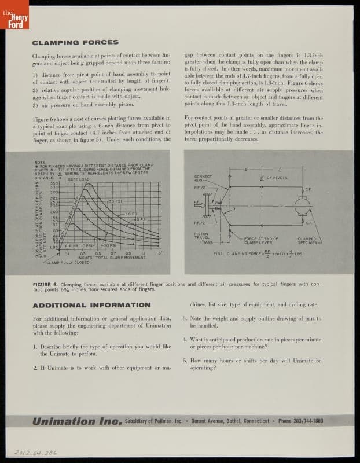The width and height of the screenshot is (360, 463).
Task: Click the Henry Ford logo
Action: tap(14, 16)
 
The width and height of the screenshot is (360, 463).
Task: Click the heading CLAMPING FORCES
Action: tap(75, 42)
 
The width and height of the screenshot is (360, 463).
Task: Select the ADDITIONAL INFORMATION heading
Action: tap(91, 305)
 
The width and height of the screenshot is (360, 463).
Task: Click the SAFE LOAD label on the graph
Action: tap(78, 179)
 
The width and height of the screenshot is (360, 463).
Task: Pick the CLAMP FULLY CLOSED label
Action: tap(68, 262)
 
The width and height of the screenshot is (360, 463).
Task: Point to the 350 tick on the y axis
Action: tap(55, 183)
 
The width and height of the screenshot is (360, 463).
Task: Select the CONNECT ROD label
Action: tap(203, 178)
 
